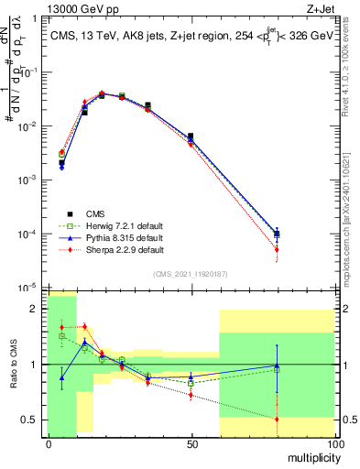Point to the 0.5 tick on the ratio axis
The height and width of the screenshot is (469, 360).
[x=30, y=420]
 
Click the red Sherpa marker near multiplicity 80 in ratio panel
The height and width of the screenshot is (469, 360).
[x=277, y=420]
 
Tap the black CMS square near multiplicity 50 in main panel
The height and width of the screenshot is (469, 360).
[x=191, y=136]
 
